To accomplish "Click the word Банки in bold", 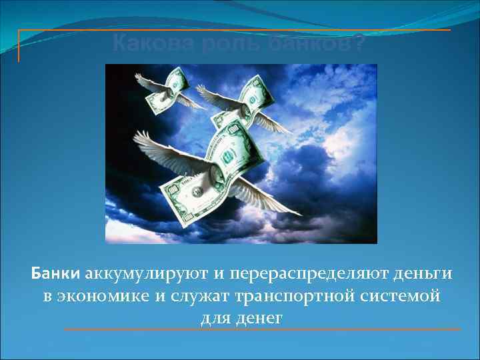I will coord(56,274).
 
